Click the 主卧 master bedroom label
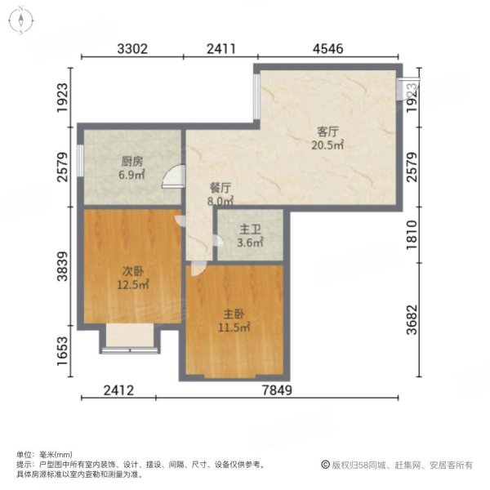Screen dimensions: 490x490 point(234,313)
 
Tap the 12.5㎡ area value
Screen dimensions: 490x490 point(133,286)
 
